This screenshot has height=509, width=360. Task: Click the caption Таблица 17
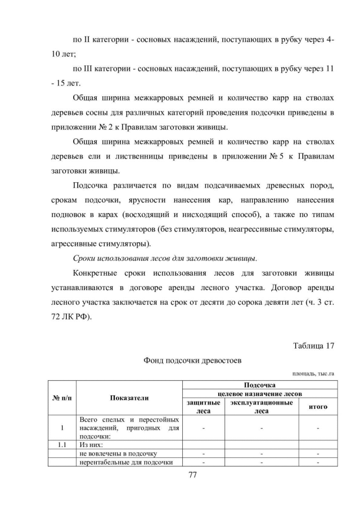point(314,345)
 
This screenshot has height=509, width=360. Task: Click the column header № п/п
point(62,398)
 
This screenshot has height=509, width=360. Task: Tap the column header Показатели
point(129,398)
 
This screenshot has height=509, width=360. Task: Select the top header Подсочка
point(260,385)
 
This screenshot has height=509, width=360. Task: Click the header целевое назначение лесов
point(260,394)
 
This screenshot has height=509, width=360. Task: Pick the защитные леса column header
point(203,407)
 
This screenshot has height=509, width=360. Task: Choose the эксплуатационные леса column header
point(261,407)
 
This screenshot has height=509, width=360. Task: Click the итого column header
point(318,406)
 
